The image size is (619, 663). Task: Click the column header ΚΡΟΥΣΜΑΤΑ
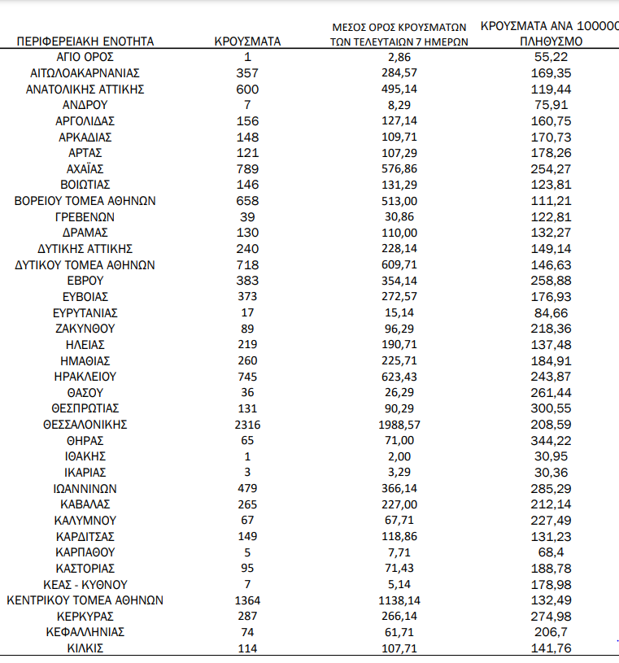[247, 41]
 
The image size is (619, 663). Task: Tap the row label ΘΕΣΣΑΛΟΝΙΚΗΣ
[85, 424]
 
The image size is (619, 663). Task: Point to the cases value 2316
[247, 424]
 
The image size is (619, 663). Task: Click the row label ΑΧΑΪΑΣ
[85, 168]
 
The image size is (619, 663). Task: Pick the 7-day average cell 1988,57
[399, 424]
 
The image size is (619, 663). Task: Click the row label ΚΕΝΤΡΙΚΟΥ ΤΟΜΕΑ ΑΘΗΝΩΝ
[85, 600]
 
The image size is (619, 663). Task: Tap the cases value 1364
[247, 600]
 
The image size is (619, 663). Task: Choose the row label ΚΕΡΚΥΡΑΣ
[85, 616]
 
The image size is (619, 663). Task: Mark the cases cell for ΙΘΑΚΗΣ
[247, 456]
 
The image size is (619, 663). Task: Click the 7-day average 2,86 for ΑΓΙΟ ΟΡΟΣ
[399, 57]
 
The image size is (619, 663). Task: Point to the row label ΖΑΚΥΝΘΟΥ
[85, 329]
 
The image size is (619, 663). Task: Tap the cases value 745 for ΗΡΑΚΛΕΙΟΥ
[247, 377]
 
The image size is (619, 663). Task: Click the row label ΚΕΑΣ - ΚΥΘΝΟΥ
[85, 584]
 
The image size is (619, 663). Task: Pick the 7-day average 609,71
[399, 265]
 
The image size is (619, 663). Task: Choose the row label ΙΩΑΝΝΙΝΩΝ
[85, 488]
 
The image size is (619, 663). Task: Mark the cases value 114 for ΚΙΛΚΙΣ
[247, 648]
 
